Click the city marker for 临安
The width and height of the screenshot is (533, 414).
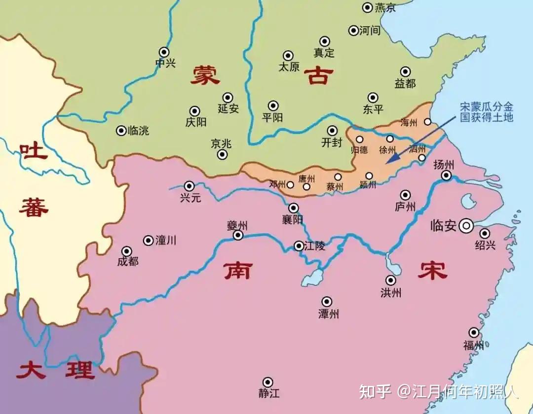[465, 226]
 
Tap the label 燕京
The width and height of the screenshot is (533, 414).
[385, 7]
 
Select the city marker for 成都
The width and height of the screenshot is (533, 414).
[127, 251]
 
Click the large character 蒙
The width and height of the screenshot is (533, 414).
[205, 76]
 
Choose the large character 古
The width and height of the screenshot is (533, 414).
[318, 76]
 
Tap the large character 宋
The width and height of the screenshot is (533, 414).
[432, 270]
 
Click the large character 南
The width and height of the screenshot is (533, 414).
[238, 270]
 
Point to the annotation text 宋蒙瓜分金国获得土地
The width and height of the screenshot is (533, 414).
[486, 112]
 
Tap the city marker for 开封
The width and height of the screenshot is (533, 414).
[332, 131]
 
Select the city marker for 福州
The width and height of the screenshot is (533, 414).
[474, 333]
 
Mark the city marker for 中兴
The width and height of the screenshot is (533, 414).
[164, 52]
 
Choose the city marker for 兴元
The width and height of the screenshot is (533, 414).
[189, 186]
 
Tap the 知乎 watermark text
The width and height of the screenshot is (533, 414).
[375, 391]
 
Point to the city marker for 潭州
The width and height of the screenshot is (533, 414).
[327, 302]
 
